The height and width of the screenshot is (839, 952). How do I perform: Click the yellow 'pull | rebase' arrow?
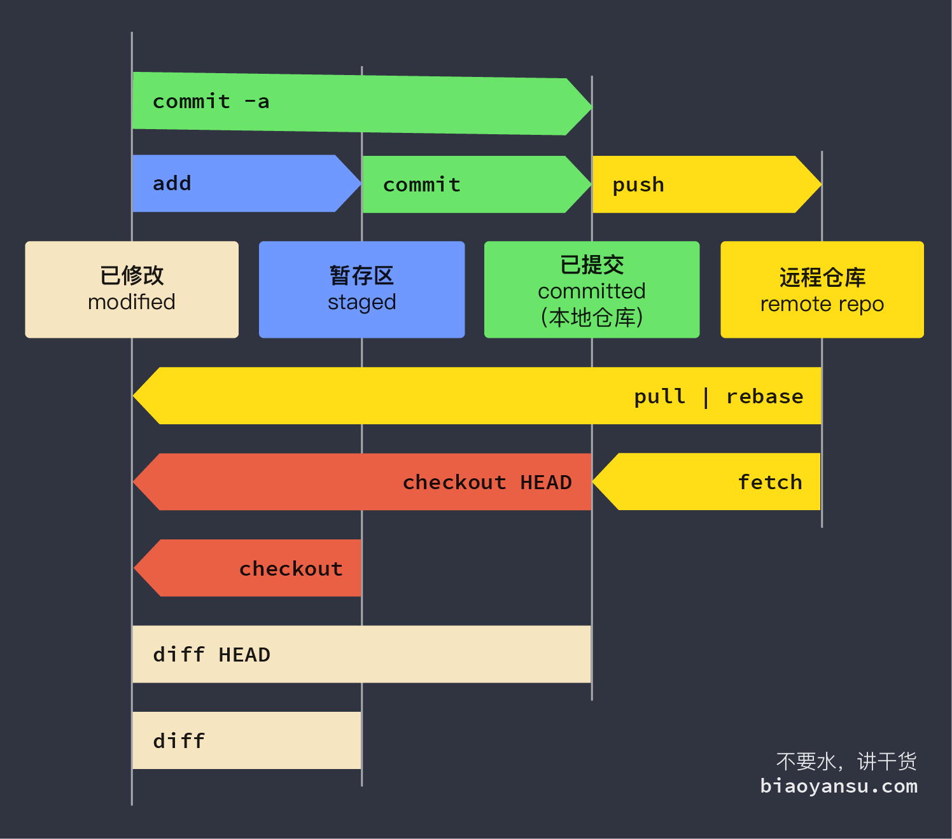coord(445,396)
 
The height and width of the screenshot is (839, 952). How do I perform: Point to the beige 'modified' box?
coord(132,289)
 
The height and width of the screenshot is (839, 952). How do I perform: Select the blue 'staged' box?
coord(361,289)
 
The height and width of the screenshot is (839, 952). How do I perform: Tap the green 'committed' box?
coord(592,289)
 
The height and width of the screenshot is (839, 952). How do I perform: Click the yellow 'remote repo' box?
coord(822,289)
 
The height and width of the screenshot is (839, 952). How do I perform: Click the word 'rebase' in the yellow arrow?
coord(764,396)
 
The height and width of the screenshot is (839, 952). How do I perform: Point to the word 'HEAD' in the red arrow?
coord(546,482)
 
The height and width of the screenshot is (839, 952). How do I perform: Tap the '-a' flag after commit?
coord(257,102)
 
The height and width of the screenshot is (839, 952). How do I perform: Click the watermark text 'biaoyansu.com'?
coord(839,786)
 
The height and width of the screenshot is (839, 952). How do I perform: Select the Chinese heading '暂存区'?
coord(361,276)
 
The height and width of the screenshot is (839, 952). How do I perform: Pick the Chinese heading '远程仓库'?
coord(822,277)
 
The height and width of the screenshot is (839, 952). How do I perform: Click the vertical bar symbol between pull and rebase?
coord(706,397)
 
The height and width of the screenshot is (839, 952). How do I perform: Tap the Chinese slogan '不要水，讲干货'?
coord(846,761)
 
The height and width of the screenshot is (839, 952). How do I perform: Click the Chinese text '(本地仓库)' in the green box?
coord(592,317)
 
